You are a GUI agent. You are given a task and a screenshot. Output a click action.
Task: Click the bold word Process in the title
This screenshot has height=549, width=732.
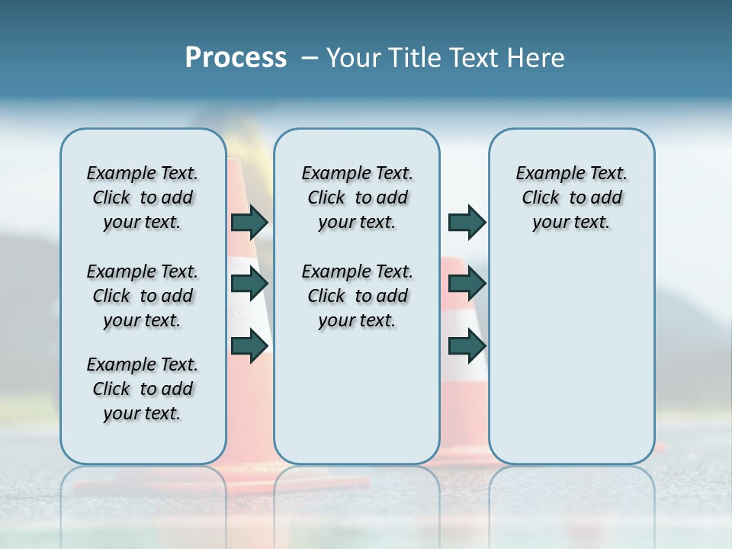pos(236,58)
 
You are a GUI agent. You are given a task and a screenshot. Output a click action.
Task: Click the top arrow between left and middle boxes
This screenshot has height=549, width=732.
pos(249,223)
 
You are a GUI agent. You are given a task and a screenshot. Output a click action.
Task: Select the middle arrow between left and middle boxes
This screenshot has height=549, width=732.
pos(249,284)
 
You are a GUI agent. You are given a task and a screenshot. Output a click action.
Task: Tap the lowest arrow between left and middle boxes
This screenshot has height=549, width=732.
pos(249,346)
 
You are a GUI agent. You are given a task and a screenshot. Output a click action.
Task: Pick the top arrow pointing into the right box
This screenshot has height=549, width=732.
pos(467,223)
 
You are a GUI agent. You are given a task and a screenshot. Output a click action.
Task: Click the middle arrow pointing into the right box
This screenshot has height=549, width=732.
pos(467,284)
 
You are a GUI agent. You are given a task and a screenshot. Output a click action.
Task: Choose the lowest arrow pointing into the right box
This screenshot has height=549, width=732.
pos(467,346)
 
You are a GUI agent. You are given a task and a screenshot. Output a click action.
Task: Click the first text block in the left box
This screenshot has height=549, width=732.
pos(143,197)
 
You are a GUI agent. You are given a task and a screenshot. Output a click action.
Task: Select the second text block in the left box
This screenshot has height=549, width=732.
pos(143,296)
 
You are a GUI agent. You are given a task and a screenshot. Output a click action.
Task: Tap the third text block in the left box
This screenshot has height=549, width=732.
pos(143,389)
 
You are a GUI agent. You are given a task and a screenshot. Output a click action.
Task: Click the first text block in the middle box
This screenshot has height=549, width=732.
pos(357,197)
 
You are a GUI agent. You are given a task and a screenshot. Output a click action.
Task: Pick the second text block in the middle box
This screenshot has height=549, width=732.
pos(357,296)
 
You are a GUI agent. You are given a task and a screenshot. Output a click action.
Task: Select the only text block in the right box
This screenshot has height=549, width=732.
pos(571,197)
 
